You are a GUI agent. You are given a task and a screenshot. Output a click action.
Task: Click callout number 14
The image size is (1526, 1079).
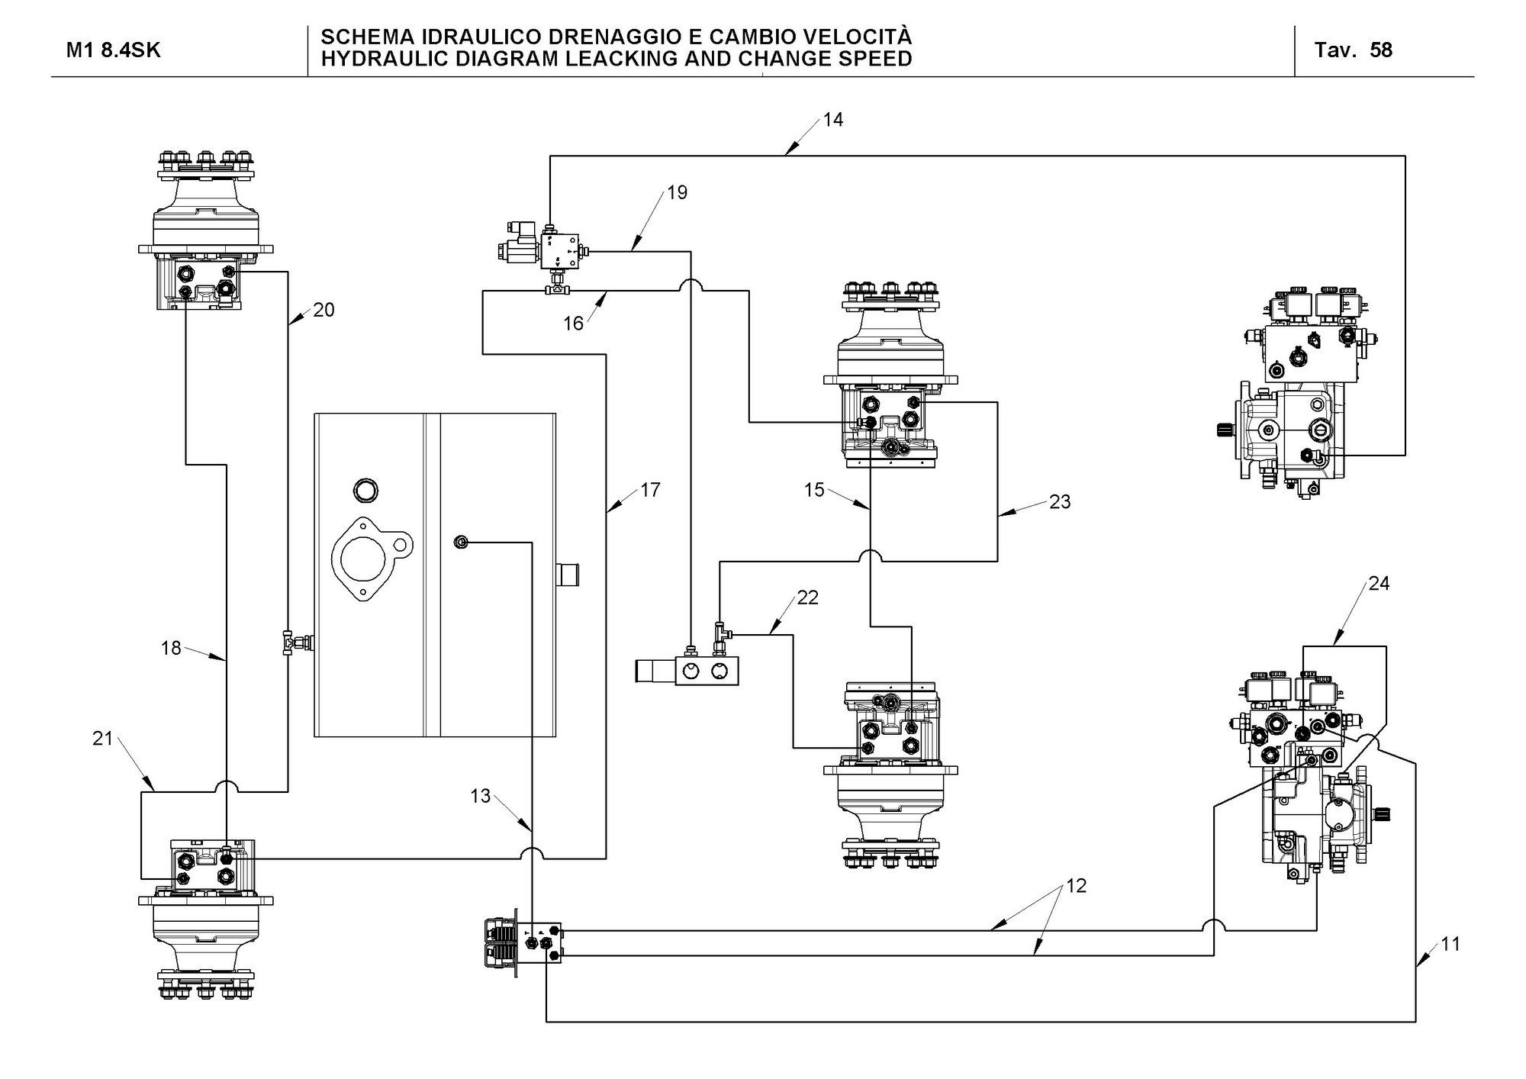pyautogui.click(x=833, y=120)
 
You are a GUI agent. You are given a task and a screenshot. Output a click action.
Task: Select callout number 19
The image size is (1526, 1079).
pyautogui.click(x=677, y=192)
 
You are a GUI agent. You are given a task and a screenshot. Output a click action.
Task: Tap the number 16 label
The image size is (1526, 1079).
pyautogui.click(x=573, y=324)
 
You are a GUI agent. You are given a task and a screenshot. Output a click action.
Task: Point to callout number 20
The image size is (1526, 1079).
pyautogui.click(x=324, y=310)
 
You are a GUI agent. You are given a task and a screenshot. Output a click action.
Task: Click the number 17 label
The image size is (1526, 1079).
pyautogui.click(x=650, y=490)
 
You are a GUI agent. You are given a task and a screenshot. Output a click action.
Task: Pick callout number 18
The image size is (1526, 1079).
pyautogui.click(x=171, y=648)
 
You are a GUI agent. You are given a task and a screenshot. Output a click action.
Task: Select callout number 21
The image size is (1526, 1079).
pyautogui.click(x=103, y=738)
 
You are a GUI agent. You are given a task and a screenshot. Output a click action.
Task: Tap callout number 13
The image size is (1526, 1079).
pyautogui.click(x=480, y=796)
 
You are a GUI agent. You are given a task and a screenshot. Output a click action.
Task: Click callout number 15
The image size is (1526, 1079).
pyautogui.click(x=814, y=490)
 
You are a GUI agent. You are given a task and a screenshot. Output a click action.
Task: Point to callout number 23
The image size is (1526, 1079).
pyautogui.click(x=1060, y=501)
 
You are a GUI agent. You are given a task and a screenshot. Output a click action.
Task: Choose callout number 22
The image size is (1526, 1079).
pyautogui.click(x=807, y=597)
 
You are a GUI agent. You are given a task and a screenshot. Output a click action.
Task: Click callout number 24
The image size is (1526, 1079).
pyautogui.click(x=1379, y=584)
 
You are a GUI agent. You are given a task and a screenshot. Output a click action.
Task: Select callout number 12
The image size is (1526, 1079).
pyautogui.click(x=1076, y=885)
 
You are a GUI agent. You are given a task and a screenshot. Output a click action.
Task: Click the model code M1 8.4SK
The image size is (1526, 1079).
pyautogui.click(x=114, y=50)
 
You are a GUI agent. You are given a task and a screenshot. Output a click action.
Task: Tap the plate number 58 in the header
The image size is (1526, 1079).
pyautogui.click(x=1381, y=50)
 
